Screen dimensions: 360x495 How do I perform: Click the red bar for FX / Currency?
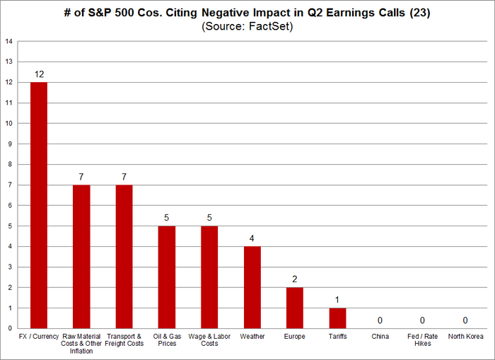click(x=39, y=205)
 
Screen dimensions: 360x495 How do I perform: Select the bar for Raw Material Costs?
click(x=82, y=257)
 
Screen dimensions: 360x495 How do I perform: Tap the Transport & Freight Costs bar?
click(x=124, y=257)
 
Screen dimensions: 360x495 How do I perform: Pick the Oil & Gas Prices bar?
click(x=167, y=277)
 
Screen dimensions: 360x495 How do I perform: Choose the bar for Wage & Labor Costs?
click(x=210, y=277)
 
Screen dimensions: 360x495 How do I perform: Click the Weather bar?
click(x=252, y=287)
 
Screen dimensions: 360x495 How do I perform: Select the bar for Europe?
click(x=295, y=308)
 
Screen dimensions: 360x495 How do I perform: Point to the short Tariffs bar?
click(x=338, y=318)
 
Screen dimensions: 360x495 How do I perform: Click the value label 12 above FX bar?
click(x=39, y=74)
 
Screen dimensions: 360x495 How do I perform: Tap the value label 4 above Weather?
click(x=252, y=238)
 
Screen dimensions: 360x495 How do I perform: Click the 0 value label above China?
click(x=380, y=320)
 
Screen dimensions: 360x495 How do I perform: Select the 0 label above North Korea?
click(x=466, y=320)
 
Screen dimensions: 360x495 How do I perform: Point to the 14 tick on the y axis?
click(x=9, y=41)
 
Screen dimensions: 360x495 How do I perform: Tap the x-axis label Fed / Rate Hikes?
click(x=423, y=339)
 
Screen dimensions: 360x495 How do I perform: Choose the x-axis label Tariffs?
click(x=338, y=336)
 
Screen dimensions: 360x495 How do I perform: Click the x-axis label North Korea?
click(x=466, y=336)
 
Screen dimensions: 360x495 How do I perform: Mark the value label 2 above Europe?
click(x=295, y=279)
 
